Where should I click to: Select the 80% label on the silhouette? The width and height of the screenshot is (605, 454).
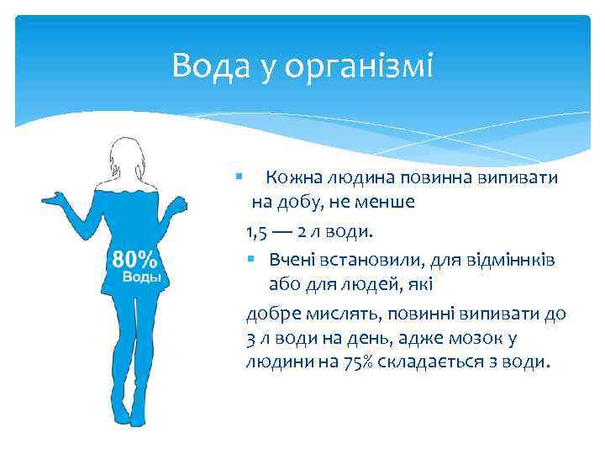pos(134,258)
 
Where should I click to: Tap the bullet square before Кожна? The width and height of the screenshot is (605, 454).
pos(239,177)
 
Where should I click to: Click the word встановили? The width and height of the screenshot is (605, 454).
pos(367,258)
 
